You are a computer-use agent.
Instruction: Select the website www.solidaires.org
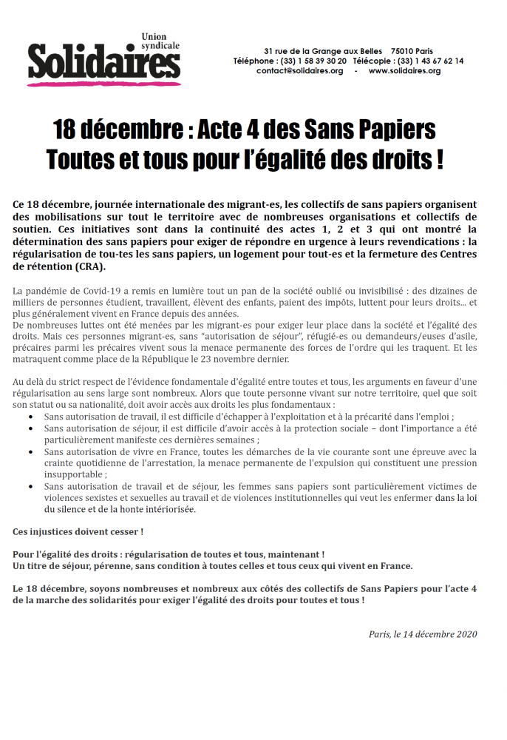coord(404,71)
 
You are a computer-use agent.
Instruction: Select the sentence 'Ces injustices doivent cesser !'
coord(78,532)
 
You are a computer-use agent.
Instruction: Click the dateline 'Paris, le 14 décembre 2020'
coord(423,634)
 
